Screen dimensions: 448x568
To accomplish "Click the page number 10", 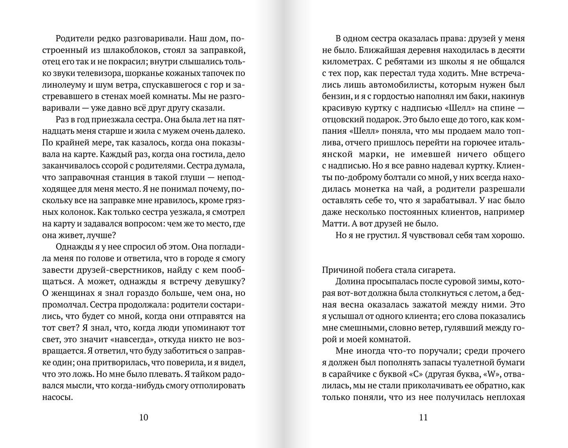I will [x=144, y=417].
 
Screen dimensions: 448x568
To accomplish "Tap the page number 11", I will [x=423, y=417].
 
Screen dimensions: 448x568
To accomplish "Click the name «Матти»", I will [x=333, y=223].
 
